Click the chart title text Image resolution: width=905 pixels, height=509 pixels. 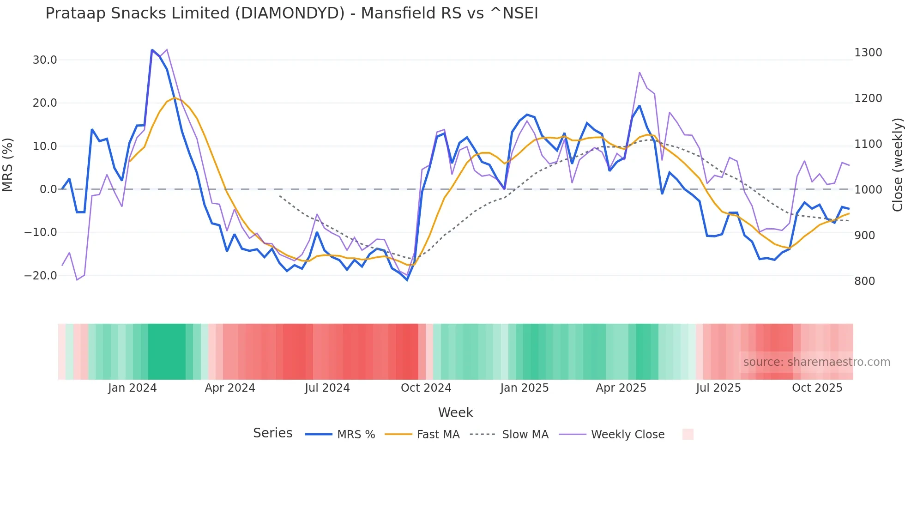click(x=291, y=13)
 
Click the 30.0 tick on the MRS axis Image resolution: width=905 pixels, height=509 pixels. click(x=45, y=60)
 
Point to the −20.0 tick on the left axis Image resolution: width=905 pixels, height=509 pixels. click(x=41, y=276)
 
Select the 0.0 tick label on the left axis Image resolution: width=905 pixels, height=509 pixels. click(x=48, y=189)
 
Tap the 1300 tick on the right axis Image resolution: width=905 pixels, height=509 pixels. click(x=868, y=53)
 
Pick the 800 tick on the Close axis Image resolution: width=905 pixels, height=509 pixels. click(x=864, y=281)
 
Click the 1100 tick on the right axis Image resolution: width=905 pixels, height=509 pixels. click(x=868, y=144)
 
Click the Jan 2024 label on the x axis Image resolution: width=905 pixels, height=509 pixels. click(x=132, y=388)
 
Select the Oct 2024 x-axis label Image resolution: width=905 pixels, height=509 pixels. click(x=426, y=388)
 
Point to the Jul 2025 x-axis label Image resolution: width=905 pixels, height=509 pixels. click(x=718, y=388)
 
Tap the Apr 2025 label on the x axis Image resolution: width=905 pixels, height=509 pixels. click(x=621, y=388)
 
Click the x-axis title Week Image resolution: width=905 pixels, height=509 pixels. click(x=455, y=412)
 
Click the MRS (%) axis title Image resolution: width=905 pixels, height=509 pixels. click(x=8, y=165)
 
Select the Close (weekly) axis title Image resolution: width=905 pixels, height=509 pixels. click(x=897, y=165)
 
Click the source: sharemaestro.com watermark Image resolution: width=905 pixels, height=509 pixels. click(x=816, y=362)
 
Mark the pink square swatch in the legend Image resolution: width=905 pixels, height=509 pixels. click(x=688, y=434)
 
